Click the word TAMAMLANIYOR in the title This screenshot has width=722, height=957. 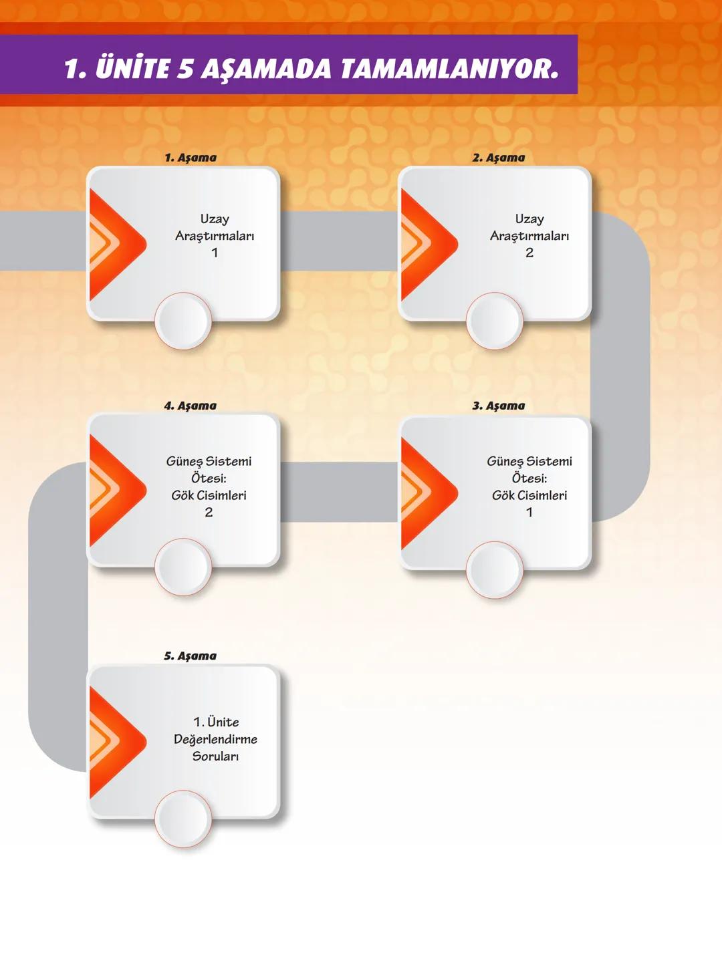tap(449, 69)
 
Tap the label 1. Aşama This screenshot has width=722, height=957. tap(191, 158)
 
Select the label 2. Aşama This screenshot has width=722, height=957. tap(499, 158)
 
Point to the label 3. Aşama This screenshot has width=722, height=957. tap(499, 406)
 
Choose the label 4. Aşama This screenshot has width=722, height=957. tap(191, 406)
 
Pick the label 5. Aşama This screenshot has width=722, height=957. tap(191, 656)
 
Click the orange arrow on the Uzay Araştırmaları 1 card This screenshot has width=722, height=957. tap(114, 245)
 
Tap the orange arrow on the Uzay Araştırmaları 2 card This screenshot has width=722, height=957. tap(425, 245)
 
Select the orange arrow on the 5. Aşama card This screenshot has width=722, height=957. tap(114, 742)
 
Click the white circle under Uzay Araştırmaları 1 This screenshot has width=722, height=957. tap(183, 321)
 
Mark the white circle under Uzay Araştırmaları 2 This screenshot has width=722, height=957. tap(495, 321)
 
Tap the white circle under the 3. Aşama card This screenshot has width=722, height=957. tap(495, 569)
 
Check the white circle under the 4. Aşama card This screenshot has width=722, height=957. tap(183, 567)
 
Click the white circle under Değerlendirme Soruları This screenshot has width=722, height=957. tap(183, 819)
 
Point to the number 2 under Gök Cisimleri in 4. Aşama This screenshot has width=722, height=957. tap(209, 513)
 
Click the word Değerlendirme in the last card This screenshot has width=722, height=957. tap(215, 739)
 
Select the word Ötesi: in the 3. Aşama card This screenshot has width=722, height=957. tap(529, 479)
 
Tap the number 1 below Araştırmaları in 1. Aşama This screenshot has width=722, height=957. tap(215, 253)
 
